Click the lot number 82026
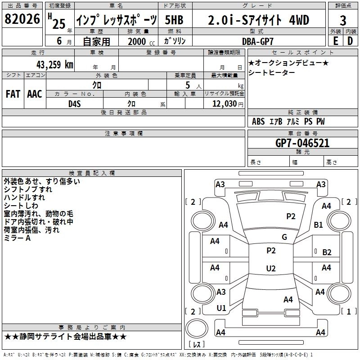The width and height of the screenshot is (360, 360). pyautogui.click(x=22, y=20)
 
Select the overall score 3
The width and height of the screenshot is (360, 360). pyautogui.click(x=343, y=20)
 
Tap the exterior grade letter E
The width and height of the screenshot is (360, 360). pyautogui.click(x=335, y=40)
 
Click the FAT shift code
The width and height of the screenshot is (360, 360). pyautogui.click(x=13, y=94)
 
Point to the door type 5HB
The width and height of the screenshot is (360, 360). pyautogui.click(x=174, y=20)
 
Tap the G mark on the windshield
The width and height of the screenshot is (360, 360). pyautogui.click(x=284, y=237)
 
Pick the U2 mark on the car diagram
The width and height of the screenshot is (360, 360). pyautogui.click(x=271, y=269)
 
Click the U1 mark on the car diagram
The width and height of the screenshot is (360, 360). pyautogui.click(x=221, y=308)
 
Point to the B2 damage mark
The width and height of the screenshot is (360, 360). pyautogui.click(x=327, y=252)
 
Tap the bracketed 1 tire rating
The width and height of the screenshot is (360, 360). pyautogui.click(x=346, y=311)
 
